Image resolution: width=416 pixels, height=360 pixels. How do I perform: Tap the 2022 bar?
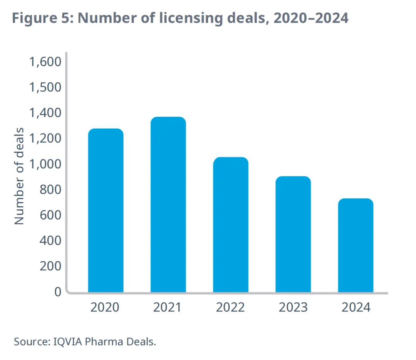[x=230, y=225]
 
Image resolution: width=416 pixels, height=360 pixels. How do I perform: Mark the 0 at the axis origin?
[x=57, y=291]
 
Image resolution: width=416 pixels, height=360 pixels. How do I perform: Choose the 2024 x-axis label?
[x=356, y=308]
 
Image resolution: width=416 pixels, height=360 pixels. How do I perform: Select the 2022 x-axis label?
[x=230, y=308]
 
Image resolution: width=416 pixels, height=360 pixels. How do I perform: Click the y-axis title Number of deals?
[x=19, y=176]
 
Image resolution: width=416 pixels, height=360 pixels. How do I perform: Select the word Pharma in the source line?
[x=98, y=342]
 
